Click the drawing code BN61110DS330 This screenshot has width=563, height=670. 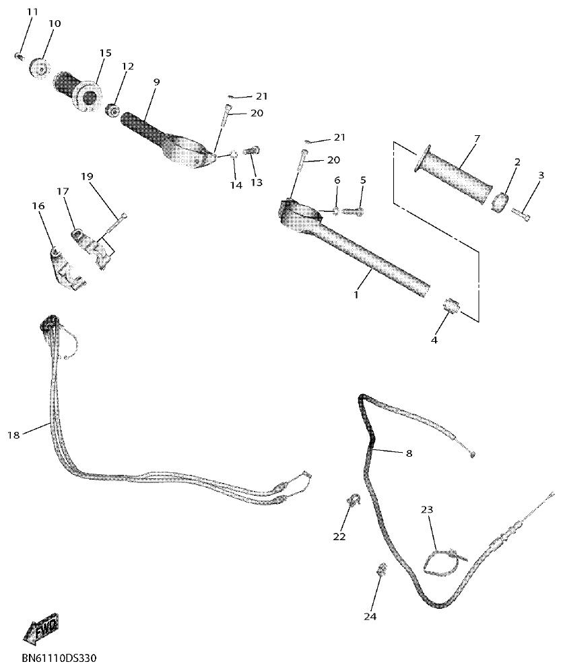[x=59, y=657]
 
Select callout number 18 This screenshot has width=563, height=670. [x=13, y=435]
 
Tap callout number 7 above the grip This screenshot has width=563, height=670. [x=476, y=139]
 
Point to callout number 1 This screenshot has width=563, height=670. [x=356, y=294]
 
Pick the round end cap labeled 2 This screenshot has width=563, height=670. [x=499, y=202]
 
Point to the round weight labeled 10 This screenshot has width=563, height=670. [x=39, y=68]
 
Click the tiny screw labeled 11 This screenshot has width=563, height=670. [x=19, y=57]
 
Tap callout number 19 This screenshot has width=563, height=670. [x=86, y=176]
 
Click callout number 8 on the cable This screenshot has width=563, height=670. [x=409, y=453]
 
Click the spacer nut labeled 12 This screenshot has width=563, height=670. [x=112, y=108]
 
